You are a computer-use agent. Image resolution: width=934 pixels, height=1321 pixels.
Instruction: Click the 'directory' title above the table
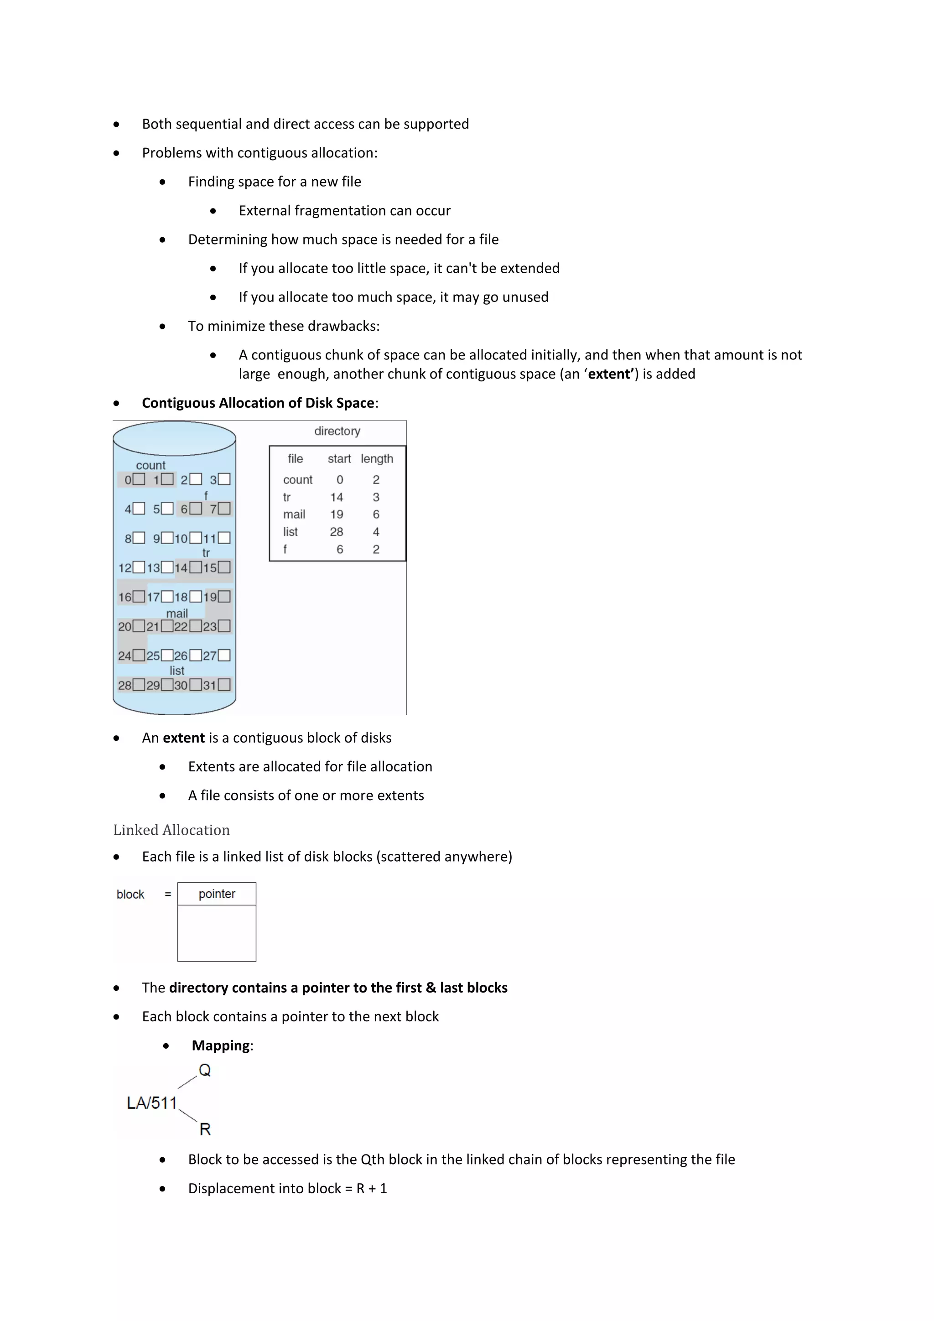coord(337,431)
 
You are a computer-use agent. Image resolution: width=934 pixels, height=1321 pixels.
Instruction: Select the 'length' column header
coord(377,458)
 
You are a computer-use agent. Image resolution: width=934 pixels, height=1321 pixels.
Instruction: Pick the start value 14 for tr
coord(337,497)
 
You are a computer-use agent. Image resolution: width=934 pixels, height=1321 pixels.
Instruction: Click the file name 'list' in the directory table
coord(291,531)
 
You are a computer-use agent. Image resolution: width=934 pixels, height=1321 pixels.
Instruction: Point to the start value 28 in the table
coord(337,531)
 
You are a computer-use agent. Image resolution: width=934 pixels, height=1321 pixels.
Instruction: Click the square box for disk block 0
coord(139,479)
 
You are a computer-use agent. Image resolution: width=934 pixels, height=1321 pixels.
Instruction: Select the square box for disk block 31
coord(224,685)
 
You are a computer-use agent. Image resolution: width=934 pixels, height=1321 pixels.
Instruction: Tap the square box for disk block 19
coord(224,597)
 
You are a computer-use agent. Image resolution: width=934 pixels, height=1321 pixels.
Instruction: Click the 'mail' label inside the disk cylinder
coord(177,614)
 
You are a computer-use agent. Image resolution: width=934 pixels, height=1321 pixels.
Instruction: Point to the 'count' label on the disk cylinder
coord(150,465)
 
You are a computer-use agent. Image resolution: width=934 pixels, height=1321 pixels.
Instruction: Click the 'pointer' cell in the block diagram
coord(217,894)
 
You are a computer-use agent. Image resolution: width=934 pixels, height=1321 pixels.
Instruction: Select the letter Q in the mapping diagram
coord(205,1070)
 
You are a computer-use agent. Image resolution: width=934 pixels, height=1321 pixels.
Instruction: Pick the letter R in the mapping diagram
coord(205,1129)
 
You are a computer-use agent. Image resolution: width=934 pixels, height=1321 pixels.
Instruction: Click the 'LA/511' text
coord(152,1103)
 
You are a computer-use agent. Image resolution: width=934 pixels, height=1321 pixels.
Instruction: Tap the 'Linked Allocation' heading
coord(171,830)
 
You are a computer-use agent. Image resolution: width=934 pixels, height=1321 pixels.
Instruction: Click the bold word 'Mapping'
coord(221,1045)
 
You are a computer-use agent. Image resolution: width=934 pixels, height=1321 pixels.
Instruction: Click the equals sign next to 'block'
coord(168,894)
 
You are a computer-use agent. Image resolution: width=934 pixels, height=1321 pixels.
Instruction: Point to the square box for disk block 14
coord(196,567)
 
